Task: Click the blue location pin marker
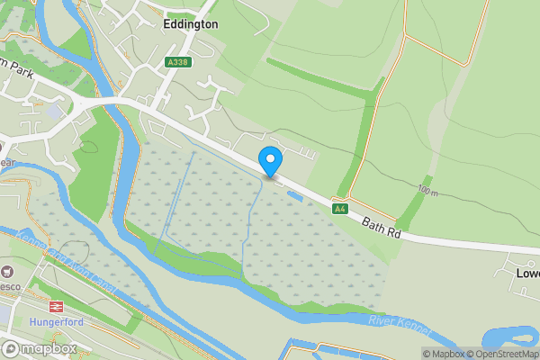tap(270, 161)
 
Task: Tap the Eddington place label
tap(191, 25)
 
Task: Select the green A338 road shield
tap(176, 62)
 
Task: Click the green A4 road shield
tap(339, 209)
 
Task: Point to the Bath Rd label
tap(381, 228)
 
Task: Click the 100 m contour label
tap(427, 192)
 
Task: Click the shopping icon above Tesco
tap(9, 271)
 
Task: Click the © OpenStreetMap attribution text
tap(500, 354)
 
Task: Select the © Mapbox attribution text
tap(443, 354)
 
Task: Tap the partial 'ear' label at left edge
tap(7, 163)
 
